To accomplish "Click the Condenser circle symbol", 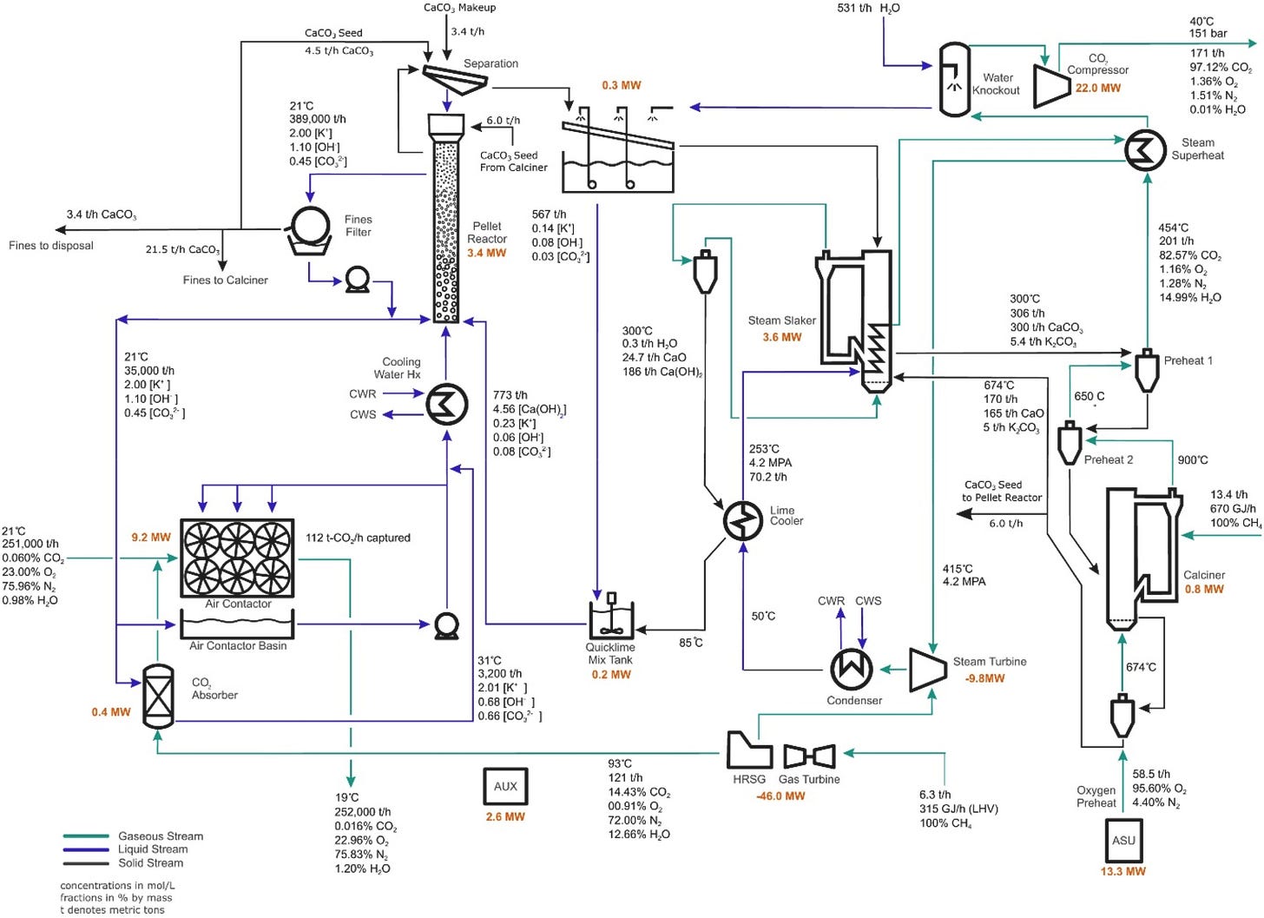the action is tap(853, 669).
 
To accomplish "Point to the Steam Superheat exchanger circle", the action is tap(1146, 150).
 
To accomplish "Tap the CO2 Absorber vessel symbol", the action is tap(159, 697).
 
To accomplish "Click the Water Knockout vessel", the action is tap(954, 79).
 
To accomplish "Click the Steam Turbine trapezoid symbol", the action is tap(928, 670).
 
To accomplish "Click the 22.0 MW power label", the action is tap(1098, 88).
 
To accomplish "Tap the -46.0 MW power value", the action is tap(780, 796).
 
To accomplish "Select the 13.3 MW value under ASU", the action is tap(1123, 872).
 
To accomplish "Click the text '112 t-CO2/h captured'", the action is tap(358, 538).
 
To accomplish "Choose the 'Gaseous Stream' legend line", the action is tap(86, 836).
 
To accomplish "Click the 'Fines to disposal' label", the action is tap(50, 246).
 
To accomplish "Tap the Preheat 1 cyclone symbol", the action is tap(1147, 370).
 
